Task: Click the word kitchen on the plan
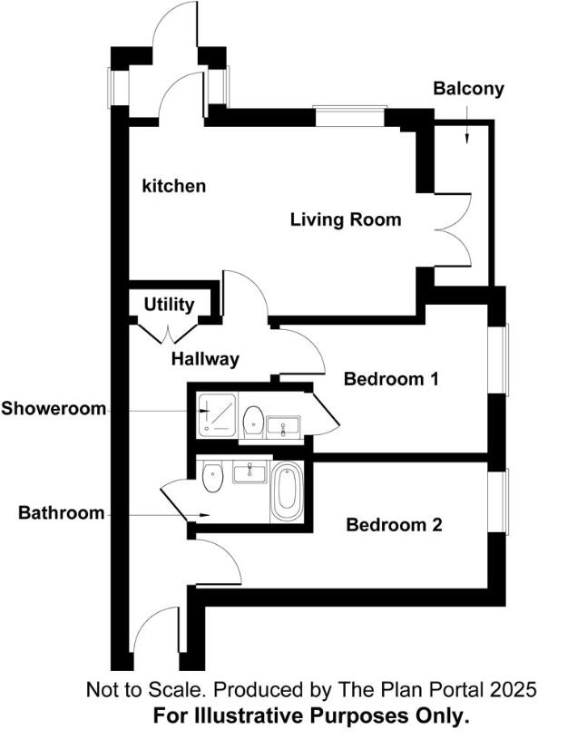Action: pyautogui.click(x=174, y=186)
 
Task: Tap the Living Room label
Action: pyautogui.click(x=345, y=219)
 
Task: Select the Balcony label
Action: pyautogui.click(x=468, y=89)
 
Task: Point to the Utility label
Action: pyautogui.click(x=169, y=305)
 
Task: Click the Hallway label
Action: pyautogui.click(x=205, y=359)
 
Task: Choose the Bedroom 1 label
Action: pyautogui.click(x=391, y=379)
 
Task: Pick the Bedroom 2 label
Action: pyautogui.click(x=394, y=524)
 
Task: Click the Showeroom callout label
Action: pyautogui.click(x=53, y=408)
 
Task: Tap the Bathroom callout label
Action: pyautogui.click(x=62, y=513)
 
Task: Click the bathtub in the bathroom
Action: pyautogui.click(x=287, y=491)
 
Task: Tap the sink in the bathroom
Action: pyautogui.click(x=247, y=472)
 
